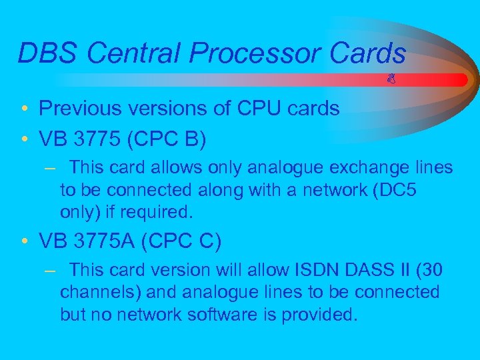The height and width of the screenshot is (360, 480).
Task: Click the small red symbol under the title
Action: pos(392,79)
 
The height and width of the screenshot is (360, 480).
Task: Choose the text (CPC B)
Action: pos(169,140)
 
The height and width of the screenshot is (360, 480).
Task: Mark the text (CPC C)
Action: pos(183,240)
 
